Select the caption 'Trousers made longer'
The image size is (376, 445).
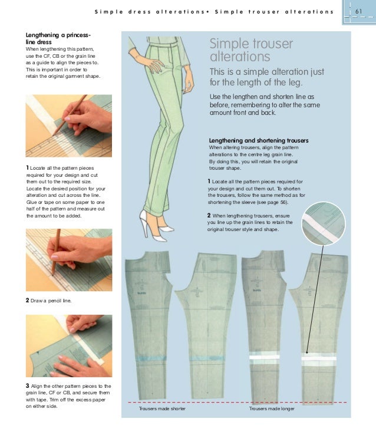[272, 408]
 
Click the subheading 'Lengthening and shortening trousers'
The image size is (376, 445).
[259, 140]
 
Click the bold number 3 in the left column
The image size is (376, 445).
[28, 385]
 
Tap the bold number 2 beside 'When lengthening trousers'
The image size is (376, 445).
[209, 215]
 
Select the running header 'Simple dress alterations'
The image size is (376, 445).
[154, 12]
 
